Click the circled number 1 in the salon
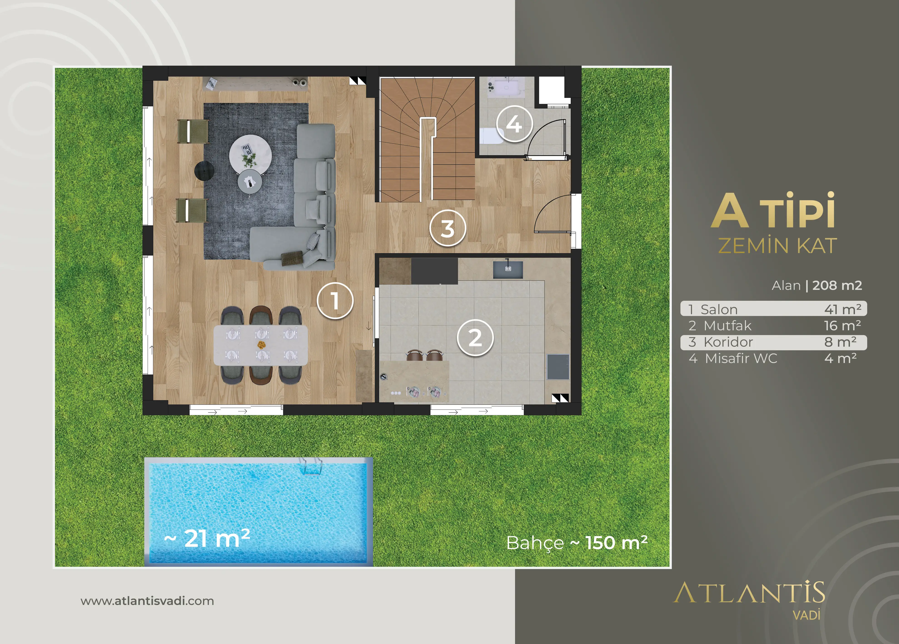(335, 300)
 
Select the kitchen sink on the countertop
(508, 269)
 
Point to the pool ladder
(311, 466)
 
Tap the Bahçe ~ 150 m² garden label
(577, 543)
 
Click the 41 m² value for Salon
(843, 309)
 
